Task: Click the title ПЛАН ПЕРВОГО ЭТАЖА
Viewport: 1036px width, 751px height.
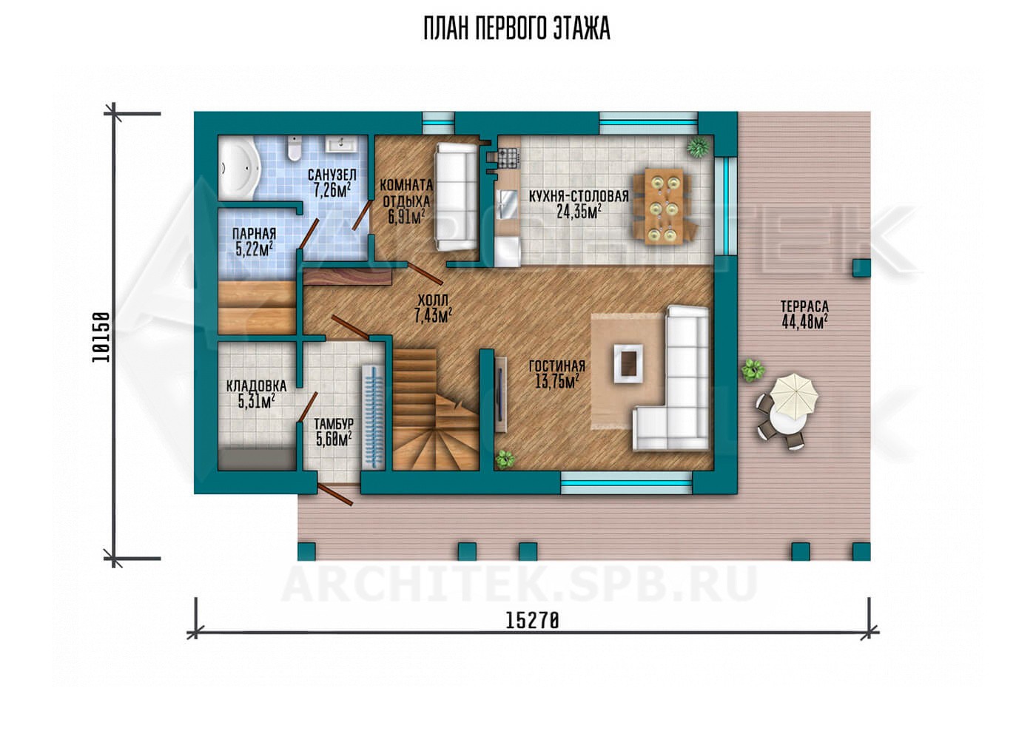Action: [x=517, y=29]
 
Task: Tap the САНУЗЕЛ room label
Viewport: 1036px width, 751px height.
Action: [x=332, y=175]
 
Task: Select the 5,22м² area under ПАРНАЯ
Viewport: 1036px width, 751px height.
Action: [x=254, y=250]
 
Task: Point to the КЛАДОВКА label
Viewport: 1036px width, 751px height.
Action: [x=256, y=385]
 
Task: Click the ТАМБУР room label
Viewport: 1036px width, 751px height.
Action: [x=334, y=423]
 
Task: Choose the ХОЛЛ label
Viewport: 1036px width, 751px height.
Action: [x=433, y=300]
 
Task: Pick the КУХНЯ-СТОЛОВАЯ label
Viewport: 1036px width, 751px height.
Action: [x=579, y=196]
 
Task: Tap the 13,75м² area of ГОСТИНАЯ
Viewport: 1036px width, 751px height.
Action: [x=556, y=382]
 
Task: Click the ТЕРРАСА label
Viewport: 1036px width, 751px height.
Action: [x=805, y=306]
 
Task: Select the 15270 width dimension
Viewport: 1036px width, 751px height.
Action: [x=532, y=621]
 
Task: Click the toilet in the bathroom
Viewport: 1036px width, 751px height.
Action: [x=293, y=148]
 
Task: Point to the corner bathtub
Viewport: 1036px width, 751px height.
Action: [x=238, y=169]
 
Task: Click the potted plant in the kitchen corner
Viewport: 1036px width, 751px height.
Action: [x=698, y=147]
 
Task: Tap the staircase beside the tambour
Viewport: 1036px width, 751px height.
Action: [x=435, y=410]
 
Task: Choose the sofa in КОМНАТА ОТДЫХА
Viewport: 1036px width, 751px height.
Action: [x=456, y=197]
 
